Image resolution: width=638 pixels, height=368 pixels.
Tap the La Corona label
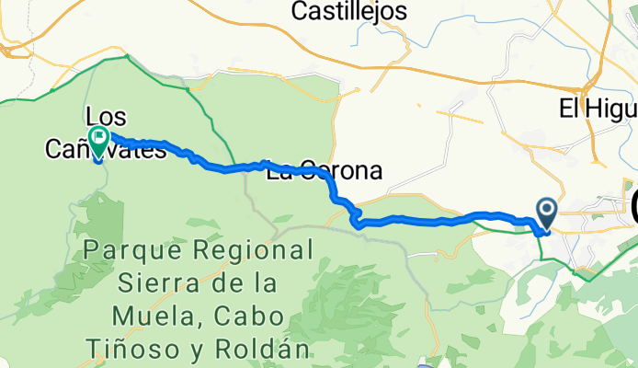323,172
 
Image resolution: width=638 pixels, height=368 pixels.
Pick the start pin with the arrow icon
546,213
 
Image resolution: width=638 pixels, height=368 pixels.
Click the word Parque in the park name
121,249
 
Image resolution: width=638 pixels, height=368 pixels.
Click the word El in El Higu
569,109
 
